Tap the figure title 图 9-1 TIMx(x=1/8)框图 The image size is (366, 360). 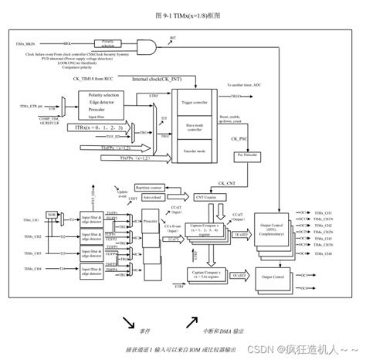pos(183,15)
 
